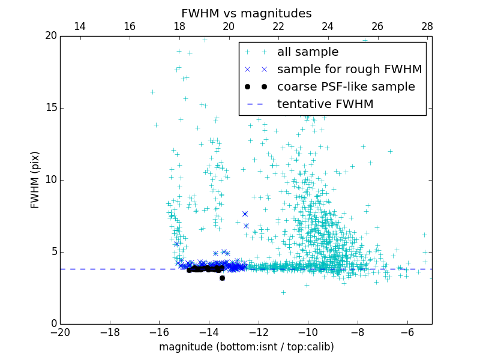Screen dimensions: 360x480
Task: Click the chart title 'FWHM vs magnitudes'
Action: coord(246,13)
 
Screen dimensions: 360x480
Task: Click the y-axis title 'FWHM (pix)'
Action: coord(35,180)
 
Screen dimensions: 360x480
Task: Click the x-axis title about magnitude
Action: coord(246,347)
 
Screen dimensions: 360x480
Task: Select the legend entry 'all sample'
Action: coord(308,52)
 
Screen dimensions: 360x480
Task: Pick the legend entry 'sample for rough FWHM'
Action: coord(349,70)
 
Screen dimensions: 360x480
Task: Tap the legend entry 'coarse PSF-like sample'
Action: coord(346,87)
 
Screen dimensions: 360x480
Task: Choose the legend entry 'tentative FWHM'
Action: coord(325,104)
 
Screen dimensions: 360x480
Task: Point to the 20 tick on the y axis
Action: coord(50,36)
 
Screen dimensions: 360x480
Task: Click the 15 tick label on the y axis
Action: coord(50,108)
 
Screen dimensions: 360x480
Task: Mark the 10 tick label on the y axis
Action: coord(50,180)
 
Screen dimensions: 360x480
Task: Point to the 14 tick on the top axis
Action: coord(79,26)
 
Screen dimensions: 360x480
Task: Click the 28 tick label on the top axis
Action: coord(427,26)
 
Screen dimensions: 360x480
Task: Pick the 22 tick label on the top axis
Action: coord(278,26)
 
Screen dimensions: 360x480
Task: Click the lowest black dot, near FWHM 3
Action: coord(222,278)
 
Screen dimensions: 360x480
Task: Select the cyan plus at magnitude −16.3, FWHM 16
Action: coord(152,92)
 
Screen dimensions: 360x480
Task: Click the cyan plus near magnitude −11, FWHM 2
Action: coord(283,292)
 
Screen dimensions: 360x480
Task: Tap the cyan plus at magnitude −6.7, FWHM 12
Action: coord(390,151)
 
